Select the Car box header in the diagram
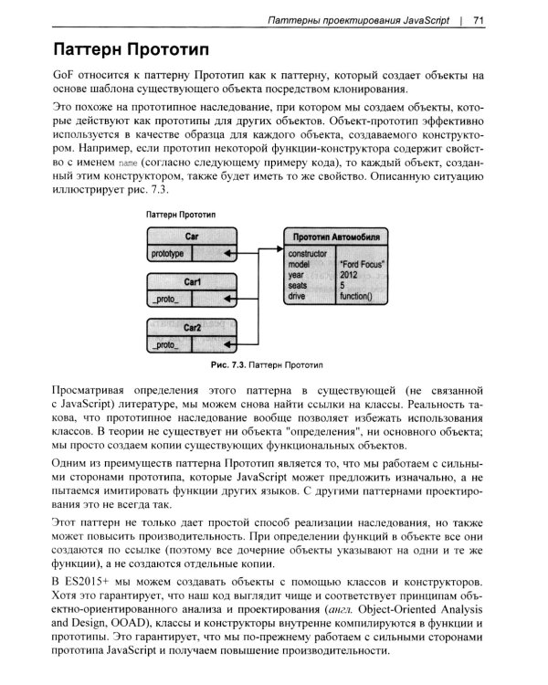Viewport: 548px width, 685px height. [192, 236]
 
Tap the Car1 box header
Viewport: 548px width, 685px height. [192, 282]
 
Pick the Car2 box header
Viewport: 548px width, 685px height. [192, 327]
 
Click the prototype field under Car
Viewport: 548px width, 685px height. [168, 253]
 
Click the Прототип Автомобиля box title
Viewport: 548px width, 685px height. [336, 237]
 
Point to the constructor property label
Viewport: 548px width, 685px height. [308, 253]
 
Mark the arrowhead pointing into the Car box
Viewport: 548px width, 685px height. [228, 253]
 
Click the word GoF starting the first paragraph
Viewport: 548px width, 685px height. [68, 74]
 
